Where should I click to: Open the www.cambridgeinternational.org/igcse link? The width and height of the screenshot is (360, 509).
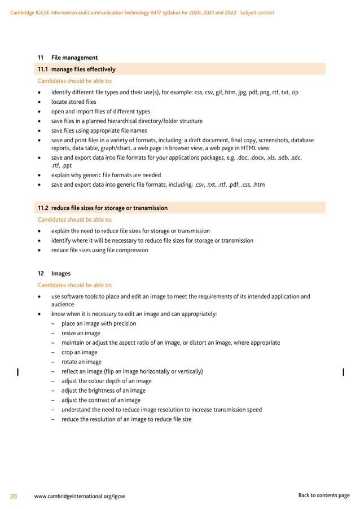click(x=80, y=496)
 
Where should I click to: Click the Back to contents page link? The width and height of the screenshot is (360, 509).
click(x=323, y=495)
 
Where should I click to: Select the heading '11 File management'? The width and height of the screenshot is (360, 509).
click(x=68, y=58)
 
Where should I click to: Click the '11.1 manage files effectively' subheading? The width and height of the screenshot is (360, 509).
click(x=76, y=69)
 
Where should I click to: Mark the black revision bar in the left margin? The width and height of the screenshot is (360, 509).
click(x=19, y=371)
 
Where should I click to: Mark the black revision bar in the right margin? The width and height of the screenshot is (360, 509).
click(x=344, y=371)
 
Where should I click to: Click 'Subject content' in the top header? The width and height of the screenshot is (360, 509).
click(x=257, y=12)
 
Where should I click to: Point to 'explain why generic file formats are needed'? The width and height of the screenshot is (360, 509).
click(x=106, y=175)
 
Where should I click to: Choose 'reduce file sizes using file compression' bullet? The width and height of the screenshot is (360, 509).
click(x=99, y=250)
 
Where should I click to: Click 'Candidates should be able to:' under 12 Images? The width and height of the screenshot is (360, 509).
click(x=74, y=284)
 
